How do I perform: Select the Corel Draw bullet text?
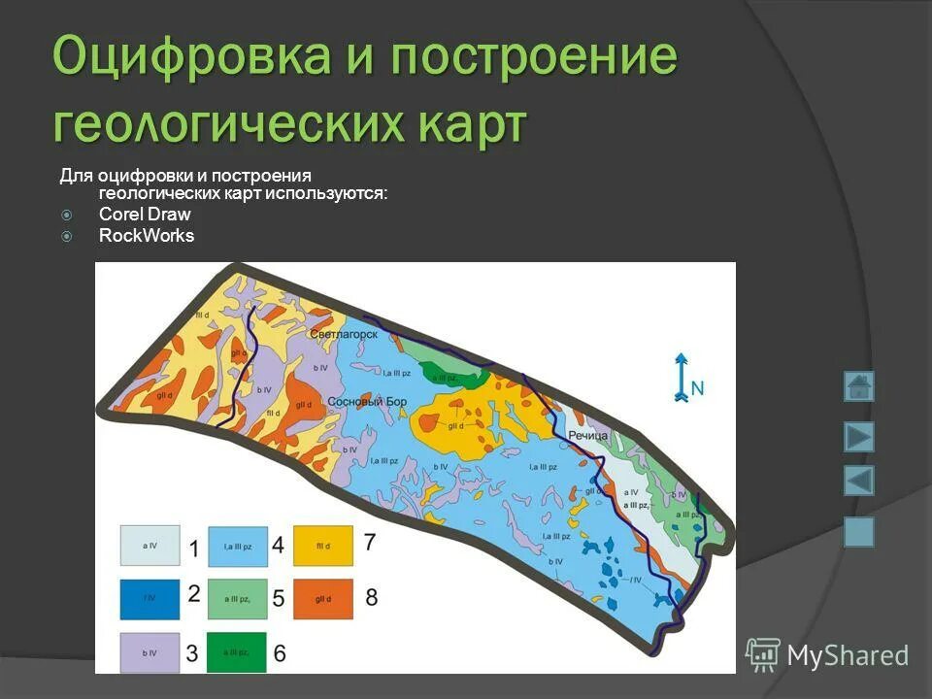click(145, 215)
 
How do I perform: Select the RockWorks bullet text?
click(147, 236)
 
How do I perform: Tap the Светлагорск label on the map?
click(344, 334)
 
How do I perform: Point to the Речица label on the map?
click(587, 437)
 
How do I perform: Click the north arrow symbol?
click(682, 378)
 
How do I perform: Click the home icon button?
click(858, 386)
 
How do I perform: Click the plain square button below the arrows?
click(858, 532)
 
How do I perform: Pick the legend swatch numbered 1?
click(150, 546)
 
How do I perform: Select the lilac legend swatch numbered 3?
click(150, 651)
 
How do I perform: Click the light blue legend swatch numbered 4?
click(237, 546)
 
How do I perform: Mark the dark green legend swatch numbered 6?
click(237, 651)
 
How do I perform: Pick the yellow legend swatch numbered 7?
click(323, 546)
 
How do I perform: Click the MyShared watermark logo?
click(828, 655)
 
